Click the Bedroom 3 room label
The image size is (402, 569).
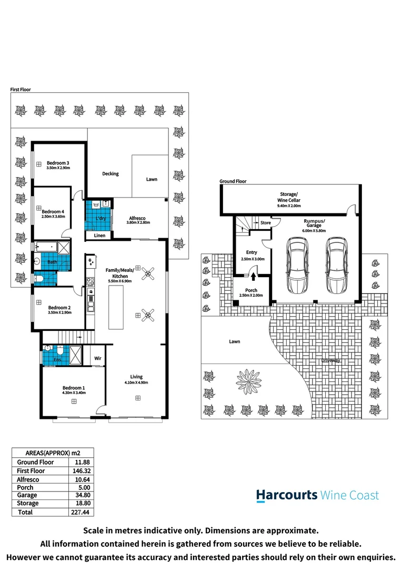58,162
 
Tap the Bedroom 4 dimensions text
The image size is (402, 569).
53,217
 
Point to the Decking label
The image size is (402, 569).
110,174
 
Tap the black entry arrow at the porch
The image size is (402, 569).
254,274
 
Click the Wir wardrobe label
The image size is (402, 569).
98,358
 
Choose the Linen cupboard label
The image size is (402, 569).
99,236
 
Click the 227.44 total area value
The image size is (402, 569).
80,512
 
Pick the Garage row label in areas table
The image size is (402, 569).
27,495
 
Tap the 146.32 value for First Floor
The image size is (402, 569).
80,470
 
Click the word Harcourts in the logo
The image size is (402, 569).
287,495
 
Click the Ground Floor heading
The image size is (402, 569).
233,181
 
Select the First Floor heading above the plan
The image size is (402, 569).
21,90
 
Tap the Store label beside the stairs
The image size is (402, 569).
266,223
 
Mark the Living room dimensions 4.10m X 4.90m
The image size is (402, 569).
137,382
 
